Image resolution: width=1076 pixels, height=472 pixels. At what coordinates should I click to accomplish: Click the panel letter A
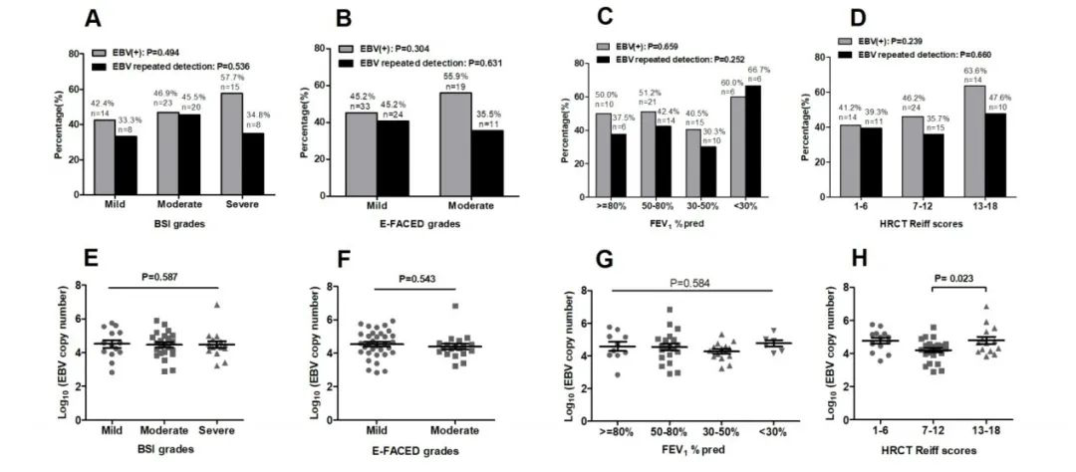(x=95, y=18)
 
